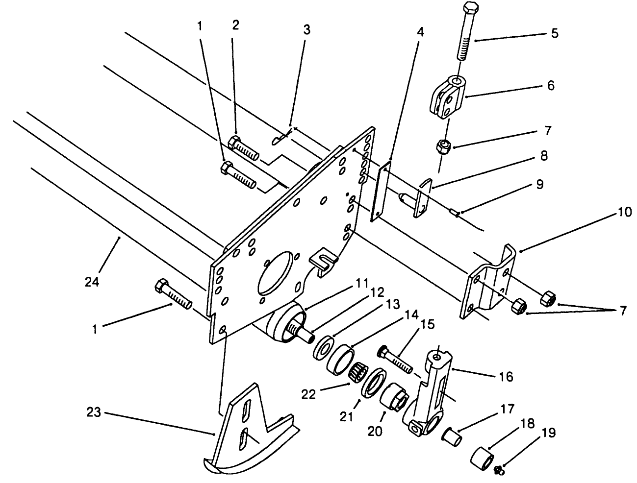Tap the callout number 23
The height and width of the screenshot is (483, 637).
(93, 412)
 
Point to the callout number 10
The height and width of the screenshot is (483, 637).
(624, 212)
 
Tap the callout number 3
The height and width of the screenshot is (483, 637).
(306, 29)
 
